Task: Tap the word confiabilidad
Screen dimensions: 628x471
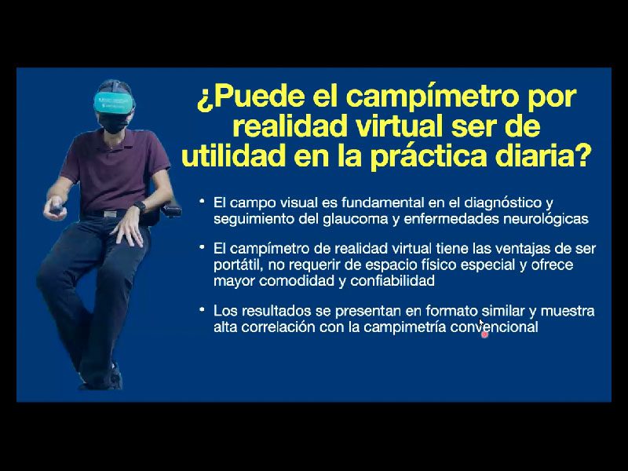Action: coord(392,280)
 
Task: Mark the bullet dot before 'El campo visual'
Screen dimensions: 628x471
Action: coord(203,201)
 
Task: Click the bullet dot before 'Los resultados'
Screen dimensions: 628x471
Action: coord(203,309)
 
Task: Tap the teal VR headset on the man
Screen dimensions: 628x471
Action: coord(113,102)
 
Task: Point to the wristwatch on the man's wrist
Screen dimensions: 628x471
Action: coord(140,206)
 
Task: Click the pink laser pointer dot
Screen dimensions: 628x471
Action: coord(484,334)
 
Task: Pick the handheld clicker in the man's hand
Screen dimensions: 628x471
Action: coord(57,209)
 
